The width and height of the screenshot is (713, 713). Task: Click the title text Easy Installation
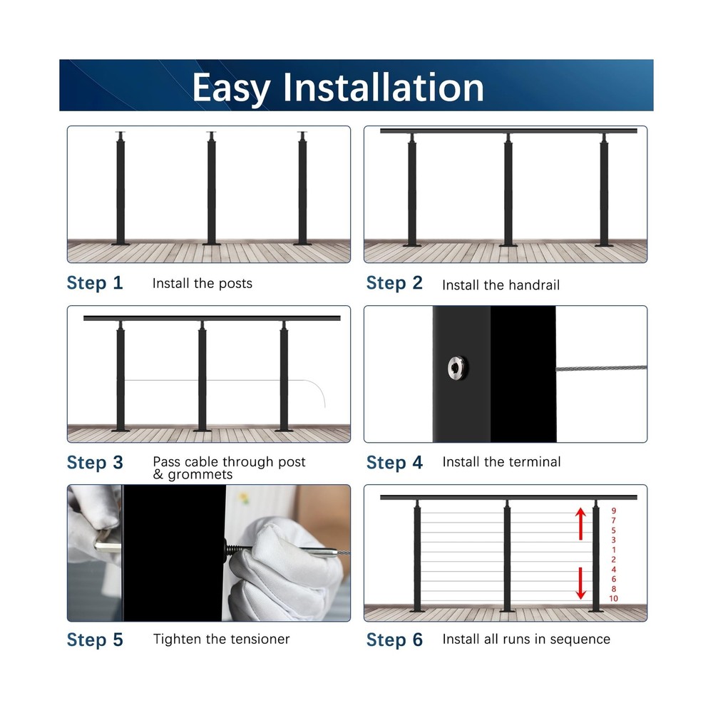click(338, 87)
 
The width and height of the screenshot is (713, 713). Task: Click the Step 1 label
click(95, 283)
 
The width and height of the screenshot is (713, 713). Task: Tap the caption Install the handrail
click(501, 285)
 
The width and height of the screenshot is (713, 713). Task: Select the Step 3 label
click(95, 463)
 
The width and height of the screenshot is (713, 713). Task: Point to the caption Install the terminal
click(501, 462)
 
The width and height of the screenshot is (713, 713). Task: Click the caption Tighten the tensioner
click(221, 639)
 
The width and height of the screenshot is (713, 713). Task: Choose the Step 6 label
click(394, 640)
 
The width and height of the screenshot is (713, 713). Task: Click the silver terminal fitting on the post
click(453, 368)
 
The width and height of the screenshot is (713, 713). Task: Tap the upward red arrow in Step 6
click(581, 523)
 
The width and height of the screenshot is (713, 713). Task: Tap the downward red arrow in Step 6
click(581, 583)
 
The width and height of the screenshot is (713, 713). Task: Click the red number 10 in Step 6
click(613, 598)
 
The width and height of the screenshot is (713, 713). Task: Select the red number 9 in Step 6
click(613, 511)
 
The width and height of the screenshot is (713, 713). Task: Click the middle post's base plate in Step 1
click(212, 244)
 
